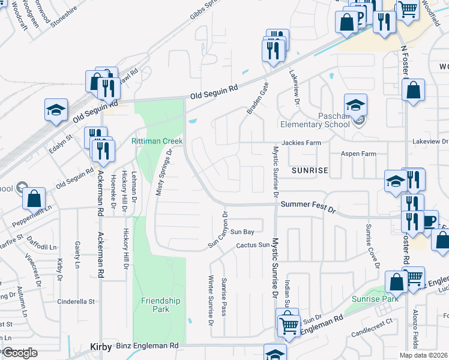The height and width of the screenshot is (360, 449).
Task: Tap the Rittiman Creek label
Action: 157,141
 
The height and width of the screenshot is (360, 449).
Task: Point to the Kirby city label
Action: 101,347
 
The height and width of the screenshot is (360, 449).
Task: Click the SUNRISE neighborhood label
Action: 310,170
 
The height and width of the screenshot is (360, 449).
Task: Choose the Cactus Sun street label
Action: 253,245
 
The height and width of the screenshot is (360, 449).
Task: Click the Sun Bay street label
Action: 243,231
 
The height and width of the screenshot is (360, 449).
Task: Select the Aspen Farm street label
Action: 358,154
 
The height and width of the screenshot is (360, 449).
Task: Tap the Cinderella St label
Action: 76,302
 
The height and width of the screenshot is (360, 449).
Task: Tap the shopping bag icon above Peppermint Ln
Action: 34,197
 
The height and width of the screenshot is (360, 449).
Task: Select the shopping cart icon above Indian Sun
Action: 289,325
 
